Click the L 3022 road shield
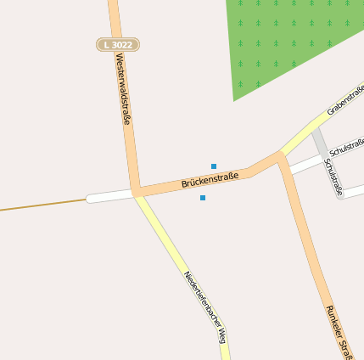pyautogui.click(x=117, y=44)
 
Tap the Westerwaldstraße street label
pyautogui.click(x=124, y=90)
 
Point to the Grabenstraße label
pyautogui.click(x=345, y=100)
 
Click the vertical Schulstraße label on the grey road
pyautogui.click(x=333, y=177)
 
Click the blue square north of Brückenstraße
pyautogui.click(x=214, y=166)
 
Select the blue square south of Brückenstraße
pyautogui.click(x=203, y=198)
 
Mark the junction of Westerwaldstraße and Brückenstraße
pyautogui.click(x=134, y=193)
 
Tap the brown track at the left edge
pyautogui.click(x=42, y=205)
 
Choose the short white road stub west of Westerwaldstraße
pyautogui.click(x=109, y=197)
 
